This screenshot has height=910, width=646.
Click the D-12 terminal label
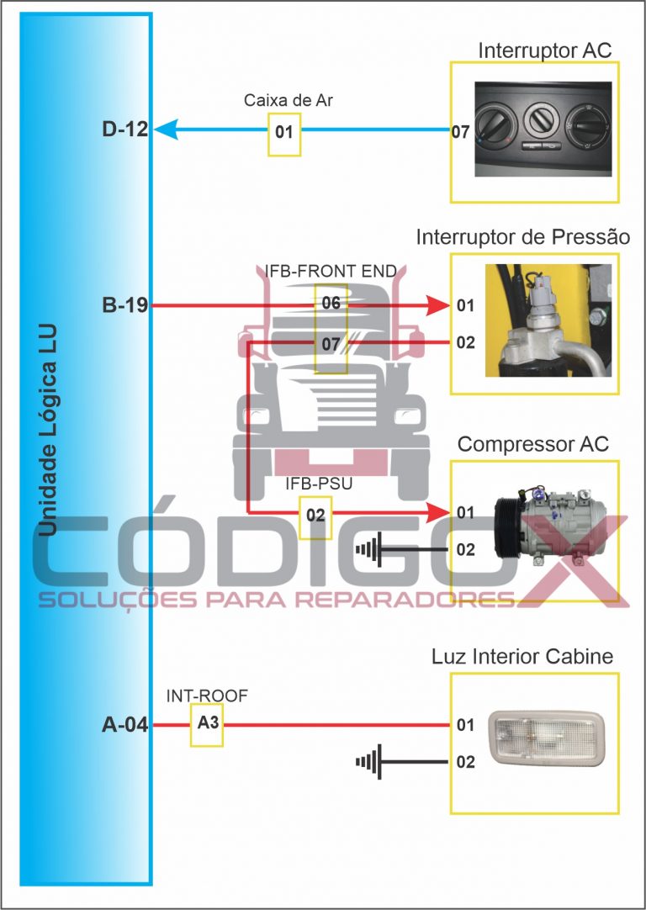coord(124,130)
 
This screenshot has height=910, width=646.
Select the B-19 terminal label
coord(124,306)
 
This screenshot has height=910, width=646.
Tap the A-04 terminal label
coord(124,724)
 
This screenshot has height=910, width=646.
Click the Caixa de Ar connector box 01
coord(284,132)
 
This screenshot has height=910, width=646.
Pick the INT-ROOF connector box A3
coord(207,723)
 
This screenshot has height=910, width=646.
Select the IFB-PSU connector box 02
coord(315,513)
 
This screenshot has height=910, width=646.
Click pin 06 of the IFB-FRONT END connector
coord(331,304)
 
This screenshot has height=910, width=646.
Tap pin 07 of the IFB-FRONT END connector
coord(331,343)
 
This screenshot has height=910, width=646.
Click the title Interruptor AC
coord(544,50)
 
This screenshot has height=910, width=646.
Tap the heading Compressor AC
coord(532,443)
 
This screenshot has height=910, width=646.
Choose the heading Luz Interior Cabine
coord(522,657)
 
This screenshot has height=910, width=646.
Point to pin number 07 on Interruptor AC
coord(460,132)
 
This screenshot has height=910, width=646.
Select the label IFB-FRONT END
coord(331,271)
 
